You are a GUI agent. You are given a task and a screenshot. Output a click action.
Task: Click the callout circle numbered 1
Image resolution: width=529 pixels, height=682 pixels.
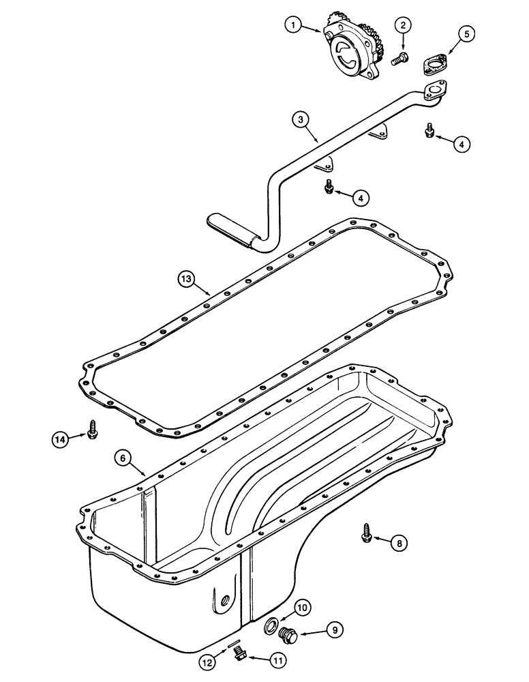point(293,26)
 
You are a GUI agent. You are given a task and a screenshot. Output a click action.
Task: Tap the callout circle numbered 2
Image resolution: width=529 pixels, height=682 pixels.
point(403,25)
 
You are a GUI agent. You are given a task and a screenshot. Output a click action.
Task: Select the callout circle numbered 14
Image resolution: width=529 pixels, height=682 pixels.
point(61,440)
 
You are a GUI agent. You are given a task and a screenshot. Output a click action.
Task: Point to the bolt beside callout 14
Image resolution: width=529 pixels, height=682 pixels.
point(91,430)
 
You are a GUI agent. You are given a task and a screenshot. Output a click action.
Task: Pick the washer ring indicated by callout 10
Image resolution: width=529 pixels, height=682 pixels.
point(271,623)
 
